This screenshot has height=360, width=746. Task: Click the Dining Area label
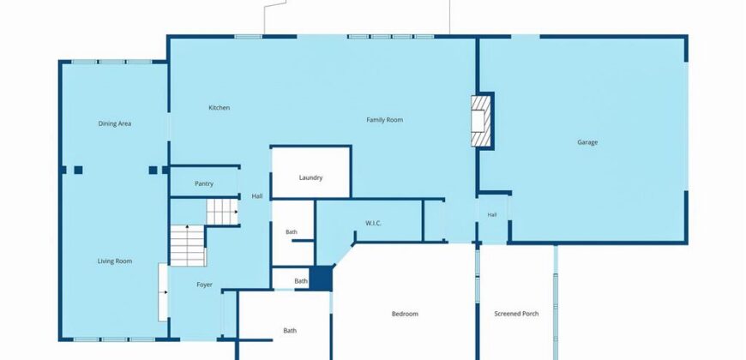115,123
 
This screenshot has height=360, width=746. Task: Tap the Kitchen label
220,108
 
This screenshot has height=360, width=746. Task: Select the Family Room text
384,120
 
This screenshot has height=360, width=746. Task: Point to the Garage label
587,142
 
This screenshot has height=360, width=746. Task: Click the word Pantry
204,184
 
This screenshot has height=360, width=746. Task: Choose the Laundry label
310,178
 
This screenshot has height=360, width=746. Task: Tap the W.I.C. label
374,223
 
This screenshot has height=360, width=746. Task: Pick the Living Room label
115,261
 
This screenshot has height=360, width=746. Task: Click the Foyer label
205,285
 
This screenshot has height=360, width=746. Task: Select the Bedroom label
405,314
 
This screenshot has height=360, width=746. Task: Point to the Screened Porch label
516,314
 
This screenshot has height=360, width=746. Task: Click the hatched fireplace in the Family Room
480,121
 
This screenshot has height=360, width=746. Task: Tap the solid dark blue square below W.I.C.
321,279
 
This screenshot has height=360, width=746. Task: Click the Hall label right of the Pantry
257,196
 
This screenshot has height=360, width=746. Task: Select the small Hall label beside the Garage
492,215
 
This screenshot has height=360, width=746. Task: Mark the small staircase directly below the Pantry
222,212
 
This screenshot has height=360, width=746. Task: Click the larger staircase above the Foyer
188,245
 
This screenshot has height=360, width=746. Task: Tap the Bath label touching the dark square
301,281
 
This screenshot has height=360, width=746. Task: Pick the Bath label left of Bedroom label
290,331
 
